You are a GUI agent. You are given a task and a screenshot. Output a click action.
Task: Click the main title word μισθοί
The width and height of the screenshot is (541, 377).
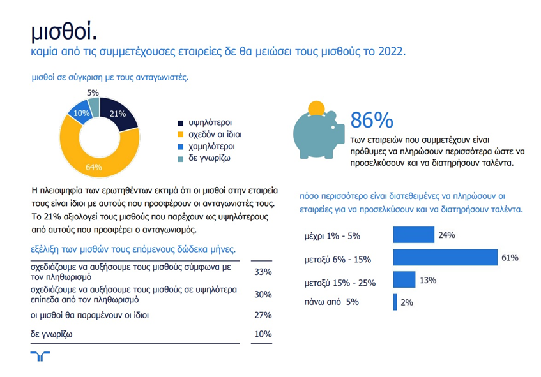coord(65,32)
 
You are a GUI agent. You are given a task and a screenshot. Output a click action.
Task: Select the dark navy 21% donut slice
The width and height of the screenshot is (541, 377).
coord(118,115)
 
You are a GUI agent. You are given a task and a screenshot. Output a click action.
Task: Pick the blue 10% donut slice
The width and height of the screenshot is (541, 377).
coord(81,112)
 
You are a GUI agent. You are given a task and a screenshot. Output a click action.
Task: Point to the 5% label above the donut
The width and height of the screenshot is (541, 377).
coord(93,93)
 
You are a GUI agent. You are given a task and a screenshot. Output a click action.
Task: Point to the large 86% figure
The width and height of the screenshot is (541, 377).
coord(372,120)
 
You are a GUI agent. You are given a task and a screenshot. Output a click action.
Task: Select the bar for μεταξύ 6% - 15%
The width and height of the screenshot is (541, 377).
coord(445,258)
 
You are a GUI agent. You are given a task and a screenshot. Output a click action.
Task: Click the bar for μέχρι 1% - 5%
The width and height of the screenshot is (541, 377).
coord(413,235)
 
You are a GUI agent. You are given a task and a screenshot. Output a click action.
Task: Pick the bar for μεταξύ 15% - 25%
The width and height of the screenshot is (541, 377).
coord(404,280)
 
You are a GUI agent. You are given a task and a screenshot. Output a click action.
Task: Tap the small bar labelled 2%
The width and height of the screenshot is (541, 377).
coord(395,302)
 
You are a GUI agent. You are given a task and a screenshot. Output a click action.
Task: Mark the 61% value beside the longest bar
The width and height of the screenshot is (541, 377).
coord(510,258)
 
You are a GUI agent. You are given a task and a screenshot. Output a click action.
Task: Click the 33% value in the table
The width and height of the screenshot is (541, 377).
coord(263,272)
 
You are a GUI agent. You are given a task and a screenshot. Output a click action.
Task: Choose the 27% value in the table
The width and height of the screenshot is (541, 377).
coord(263,314)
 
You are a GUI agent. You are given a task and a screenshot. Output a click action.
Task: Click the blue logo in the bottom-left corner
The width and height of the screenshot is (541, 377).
coord(40,356)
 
